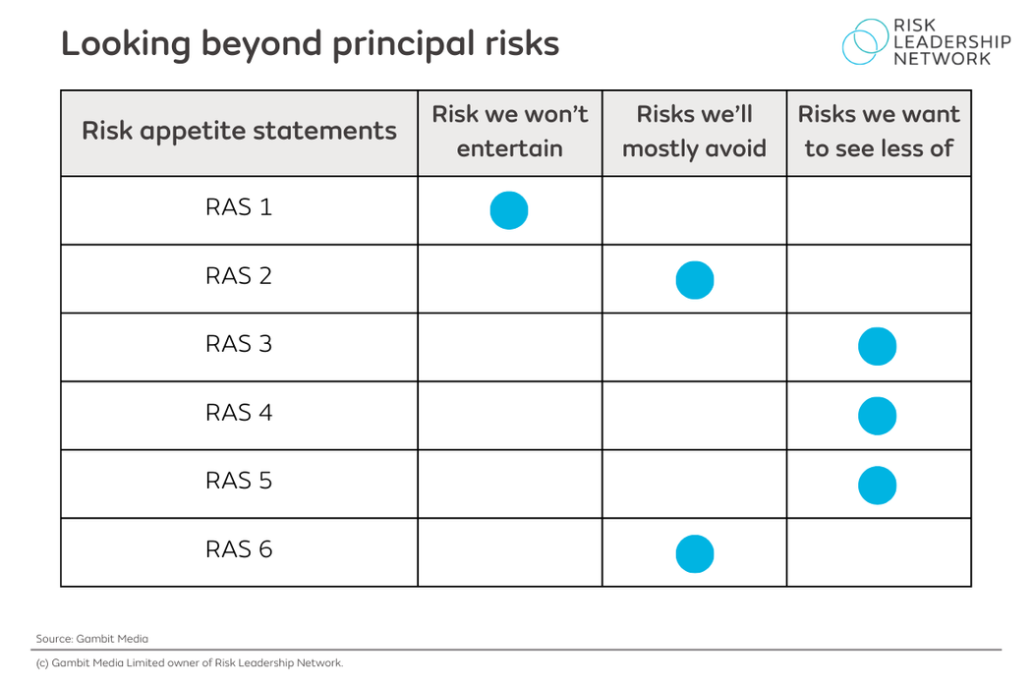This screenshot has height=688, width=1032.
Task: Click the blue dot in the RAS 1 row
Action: (509, 210)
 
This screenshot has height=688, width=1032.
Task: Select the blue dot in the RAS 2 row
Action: (695, 280)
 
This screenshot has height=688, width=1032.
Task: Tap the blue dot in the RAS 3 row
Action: (877, 347)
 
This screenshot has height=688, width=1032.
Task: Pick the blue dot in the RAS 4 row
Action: (877, 416)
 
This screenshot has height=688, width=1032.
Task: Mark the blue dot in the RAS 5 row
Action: (877, 486)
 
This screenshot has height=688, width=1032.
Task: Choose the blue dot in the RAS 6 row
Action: (695, 553)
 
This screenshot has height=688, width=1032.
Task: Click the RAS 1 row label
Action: (239, 207)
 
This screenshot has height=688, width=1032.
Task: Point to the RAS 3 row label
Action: (239, 344)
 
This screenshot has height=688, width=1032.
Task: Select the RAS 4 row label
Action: (239, 413)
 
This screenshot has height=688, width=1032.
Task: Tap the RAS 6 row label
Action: (239, 549)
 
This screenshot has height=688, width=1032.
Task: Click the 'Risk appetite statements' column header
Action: (239, 132)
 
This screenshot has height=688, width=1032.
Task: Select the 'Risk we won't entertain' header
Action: (509, 132)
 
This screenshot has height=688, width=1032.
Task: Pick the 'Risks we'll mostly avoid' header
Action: (694, 132)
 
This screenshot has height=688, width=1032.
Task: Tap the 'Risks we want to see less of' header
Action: (879, 132)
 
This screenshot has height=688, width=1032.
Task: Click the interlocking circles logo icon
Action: (864, 42)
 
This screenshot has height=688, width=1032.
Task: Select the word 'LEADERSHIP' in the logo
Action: (951, 42)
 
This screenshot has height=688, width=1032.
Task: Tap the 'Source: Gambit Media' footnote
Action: (92, 639)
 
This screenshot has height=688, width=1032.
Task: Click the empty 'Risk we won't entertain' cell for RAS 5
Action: (509, 484)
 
